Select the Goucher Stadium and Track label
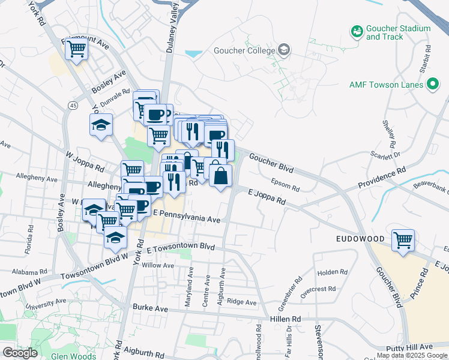click(398, 32)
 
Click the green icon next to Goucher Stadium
click(357, 30)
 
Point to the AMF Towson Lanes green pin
click(432, 85)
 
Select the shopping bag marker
click(220, 176)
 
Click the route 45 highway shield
click(73, 106)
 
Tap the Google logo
click(20, 353)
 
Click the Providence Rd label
click(382, 178)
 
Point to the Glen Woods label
click(74, 356)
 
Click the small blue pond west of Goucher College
click(194, 54)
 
